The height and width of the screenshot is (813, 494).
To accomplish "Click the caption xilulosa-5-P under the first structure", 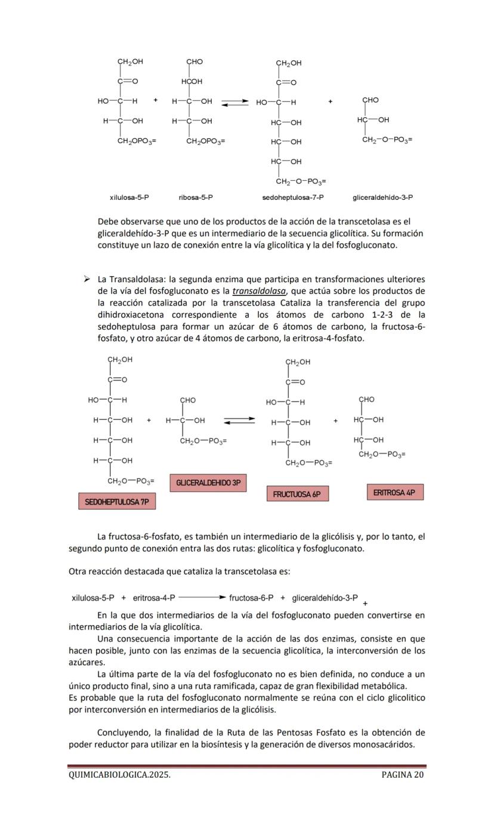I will pos(129,197).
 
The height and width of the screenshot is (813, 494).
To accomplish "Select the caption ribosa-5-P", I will pos(196,197).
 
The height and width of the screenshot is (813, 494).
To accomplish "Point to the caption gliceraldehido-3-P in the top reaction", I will pos(382,197).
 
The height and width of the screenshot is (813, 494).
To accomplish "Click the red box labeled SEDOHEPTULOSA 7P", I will pos(116,502).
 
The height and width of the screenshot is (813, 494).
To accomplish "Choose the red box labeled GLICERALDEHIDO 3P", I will pos(208,482).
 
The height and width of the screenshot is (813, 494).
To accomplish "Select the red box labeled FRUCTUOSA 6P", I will pos(297,494).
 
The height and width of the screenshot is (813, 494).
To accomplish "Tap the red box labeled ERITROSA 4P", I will pos(394,492).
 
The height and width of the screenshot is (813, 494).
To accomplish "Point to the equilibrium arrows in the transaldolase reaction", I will pos(239,421).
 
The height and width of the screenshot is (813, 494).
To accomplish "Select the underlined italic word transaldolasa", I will pos(259,291).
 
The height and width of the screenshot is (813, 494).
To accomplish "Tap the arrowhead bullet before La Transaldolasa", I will pos(87,279).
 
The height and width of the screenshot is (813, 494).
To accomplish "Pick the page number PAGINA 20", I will pos(403,775).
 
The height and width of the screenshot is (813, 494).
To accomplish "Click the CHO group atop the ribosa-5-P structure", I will pos(194,61).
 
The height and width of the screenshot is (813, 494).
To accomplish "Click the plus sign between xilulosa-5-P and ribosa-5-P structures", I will pos(155,100).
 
